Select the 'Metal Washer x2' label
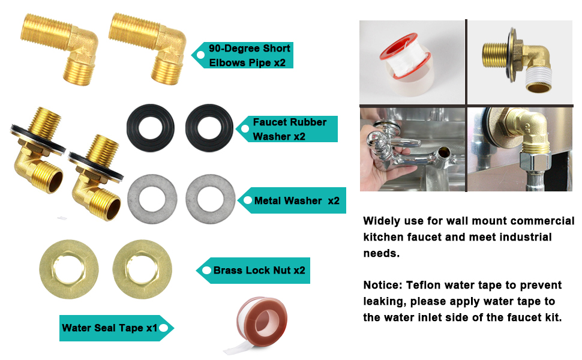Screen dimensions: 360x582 click(295, 200)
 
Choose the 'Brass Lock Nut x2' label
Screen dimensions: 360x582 click(256, 270)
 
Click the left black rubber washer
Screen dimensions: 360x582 click(150, 128)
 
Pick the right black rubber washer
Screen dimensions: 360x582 click(209, 128)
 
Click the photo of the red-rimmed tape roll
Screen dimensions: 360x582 click(412, 62)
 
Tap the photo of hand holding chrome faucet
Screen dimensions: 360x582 click(412, 149)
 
